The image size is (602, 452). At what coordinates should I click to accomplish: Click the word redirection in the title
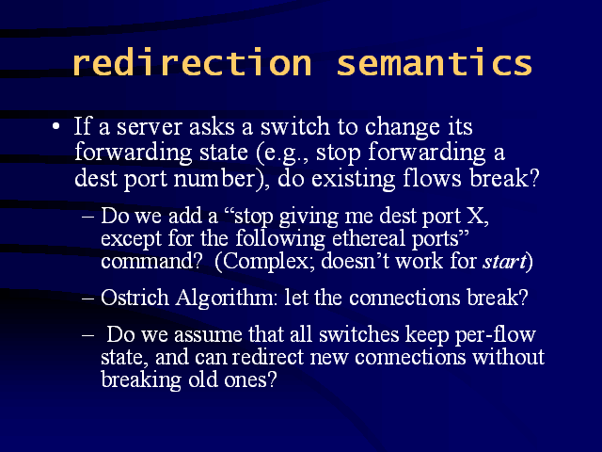(192, 61)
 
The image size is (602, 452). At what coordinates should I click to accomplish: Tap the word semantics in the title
(435, 63)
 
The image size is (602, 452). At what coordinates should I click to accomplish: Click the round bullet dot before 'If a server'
(56, 126)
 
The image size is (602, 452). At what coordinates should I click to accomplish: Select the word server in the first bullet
(149, 128)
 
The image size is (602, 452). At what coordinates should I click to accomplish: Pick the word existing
(354, 180)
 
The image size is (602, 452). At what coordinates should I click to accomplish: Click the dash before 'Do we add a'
(87, 217)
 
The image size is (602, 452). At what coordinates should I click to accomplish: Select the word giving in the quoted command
(309, 217)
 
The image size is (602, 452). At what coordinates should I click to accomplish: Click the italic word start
(504, 262)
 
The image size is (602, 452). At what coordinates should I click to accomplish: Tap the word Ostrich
(135, 298)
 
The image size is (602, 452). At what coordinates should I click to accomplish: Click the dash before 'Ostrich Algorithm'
(87, 299)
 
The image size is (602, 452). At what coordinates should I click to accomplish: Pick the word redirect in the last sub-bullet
(268, 357)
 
